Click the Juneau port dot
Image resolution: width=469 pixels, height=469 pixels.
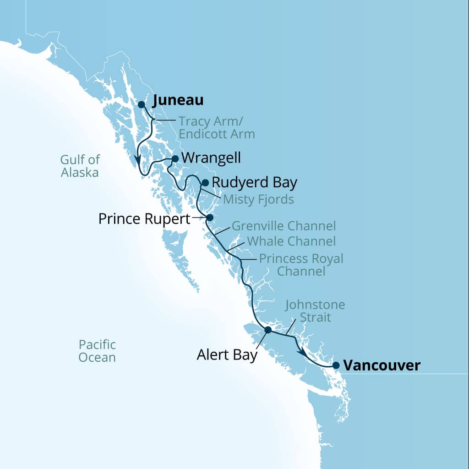pyautogui.click(x=142, y=104)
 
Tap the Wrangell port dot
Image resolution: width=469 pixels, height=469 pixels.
pyautogui.click(x=175, y=159)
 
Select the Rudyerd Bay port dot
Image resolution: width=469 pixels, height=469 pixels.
pyautogui.click(x=205, y=183)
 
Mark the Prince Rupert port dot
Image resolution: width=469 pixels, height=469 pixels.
pyautogui.click(x=210, y=218)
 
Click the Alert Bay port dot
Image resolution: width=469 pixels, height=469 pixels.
pyautogui.click(x=268, y=330)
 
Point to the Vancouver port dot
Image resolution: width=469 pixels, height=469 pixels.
pyautogui.click(x=336, y=365)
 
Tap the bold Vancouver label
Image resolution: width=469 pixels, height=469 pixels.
pyautogui.click(x=382, y=365)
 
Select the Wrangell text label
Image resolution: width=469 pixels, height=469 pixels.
pyautogui.click(x=211, y=158)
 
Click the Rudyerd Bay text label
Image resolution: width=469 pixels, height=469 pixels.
pyautogui.click(x=255, y=183)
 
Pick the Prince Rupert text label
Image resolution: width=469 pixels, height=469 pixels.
pyautogui.click(x=144, y=219)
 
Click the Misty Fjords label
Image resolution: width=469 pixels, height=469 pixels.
pyautogui.click(x=258, y=200)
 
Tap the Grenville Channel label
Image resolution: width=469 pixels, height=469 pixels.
pyautogui.click(x=284, y=226)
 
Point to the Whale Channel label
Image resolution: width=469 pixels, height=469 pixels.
pyautogui.click(x=291, y=241)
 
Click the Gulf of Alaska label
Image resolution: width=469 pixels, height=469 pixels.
pyautogui.click(x=80, y=166)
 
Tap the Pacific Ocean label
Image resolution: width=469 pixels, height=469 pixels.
pyautogui.click(x=97, y=351)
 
